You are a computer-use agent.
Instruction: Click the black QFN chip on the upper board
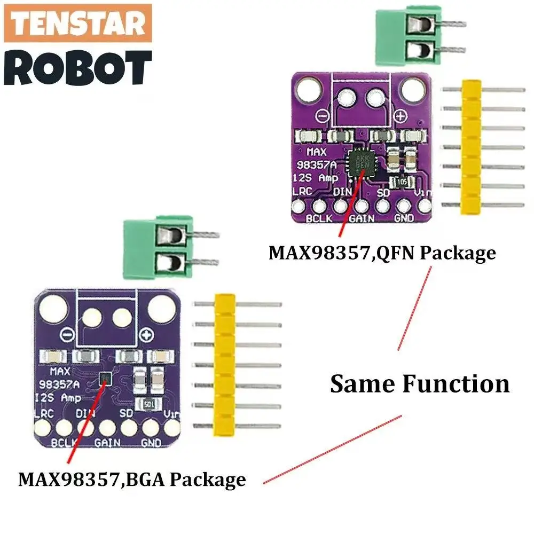[x=361, y=163]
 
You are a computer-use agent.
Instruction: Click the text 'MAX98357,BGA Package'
[x=132, y=478]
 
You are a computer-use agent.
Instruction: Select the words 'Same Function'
[x=420, y=383]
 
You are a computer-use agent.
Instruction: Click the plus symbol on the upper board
[x=402, y=115]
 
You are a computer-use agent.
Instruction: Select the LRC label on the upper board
[x=300, y=192]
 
